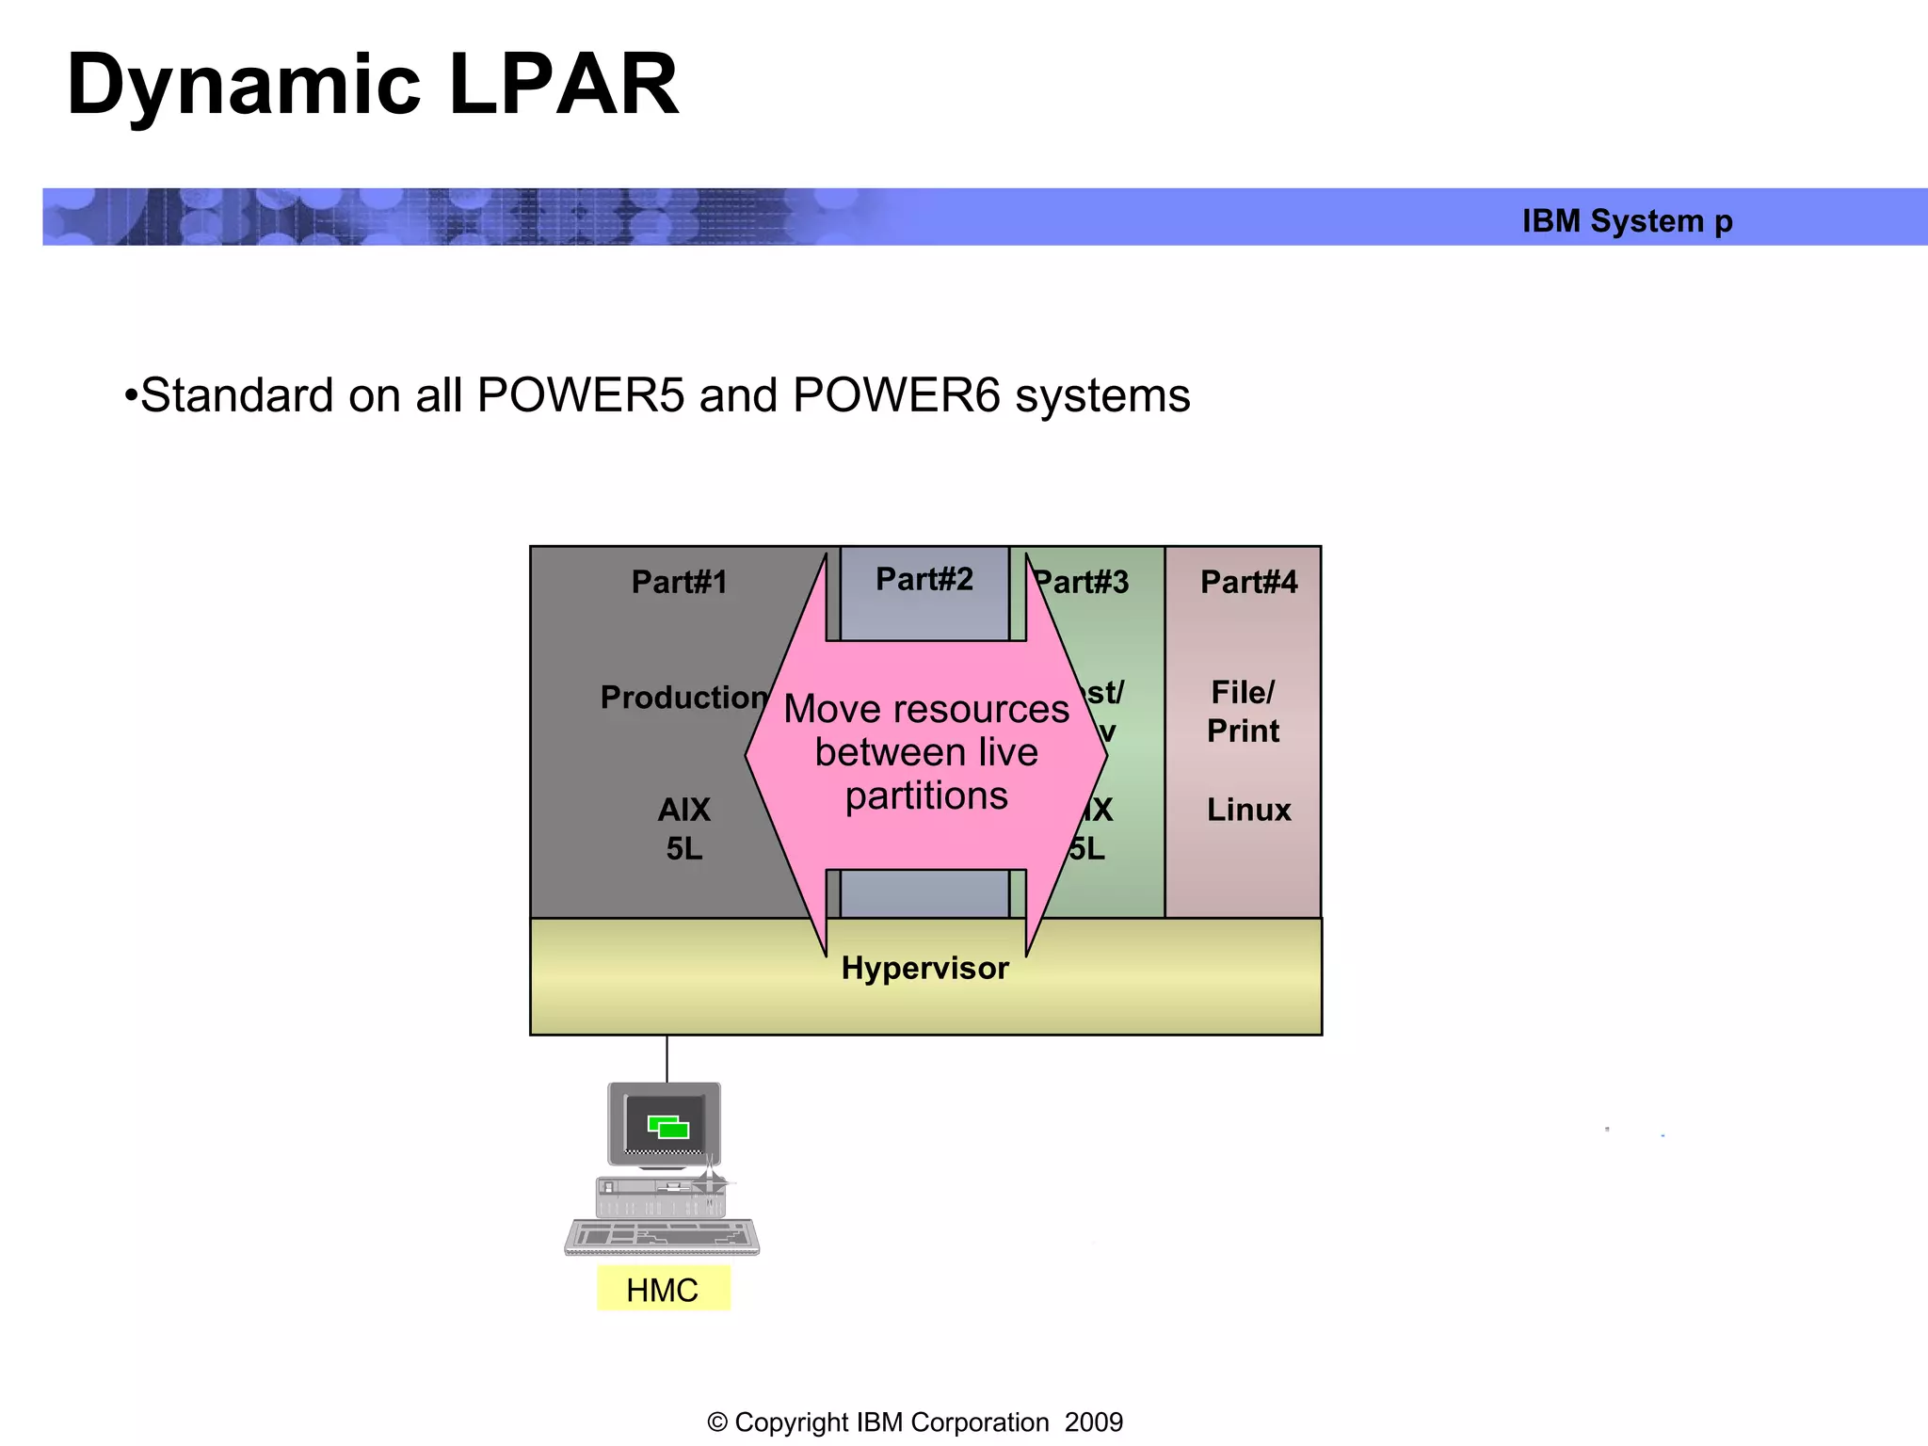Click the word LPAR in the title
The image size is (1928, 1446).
coord(564,85)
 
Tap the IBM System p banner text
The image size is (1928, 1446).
coord(1627,221)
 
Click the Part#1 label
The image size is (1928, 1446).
coord(679,582)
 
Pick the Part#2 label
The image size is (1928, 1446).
coord(924,579)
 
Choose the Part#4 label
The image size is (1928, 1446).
coord(1248,582)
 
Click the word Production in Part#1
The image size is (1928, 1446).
coord(683,698)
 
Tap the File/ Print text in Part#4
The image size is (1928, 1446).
coord(1243,712)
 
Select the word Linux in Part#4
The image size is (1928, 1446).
coord(1248,810)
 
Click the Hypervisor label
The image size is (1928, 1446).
coord(924,969)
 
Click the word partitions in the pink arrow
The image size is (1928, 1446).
coord(926,796)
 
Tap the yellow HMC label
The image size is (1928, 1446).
coord(663,1290)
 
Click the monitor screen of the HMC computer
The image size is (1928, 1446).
coord(665,1124)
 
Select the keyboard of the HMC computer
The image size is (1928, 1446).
coord(662,1236)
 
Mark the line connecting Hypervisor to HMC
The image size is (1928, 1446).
coord(667,1059)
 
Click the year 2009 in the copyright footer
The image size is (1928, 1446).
coord(1094,1422)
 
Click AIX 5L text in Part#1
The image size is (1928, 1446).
coord(683,829)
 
